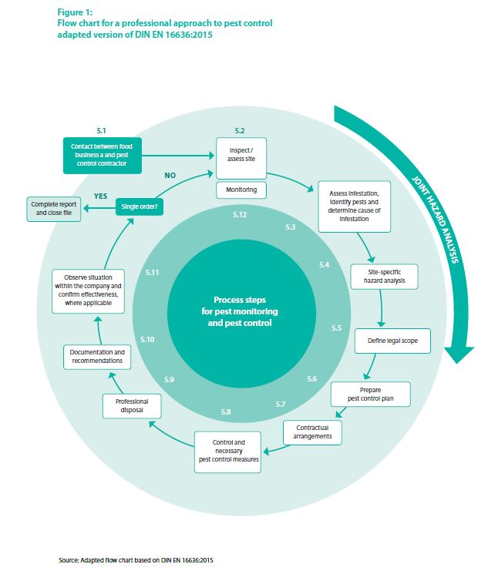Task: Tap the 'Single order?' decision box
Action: pyautogui.click(x=143, y=207)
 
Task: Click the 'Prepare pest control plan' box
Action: pyautogui.click(x=370, y=395)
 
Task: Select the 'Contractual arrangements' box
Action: pyautogui.click(x=312, y=432)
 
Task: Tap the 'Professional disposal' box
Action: pyautogui.click(x=132, y=407)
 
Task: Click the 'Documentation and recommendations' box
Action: pyautogui.click(x=96, y=357)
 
